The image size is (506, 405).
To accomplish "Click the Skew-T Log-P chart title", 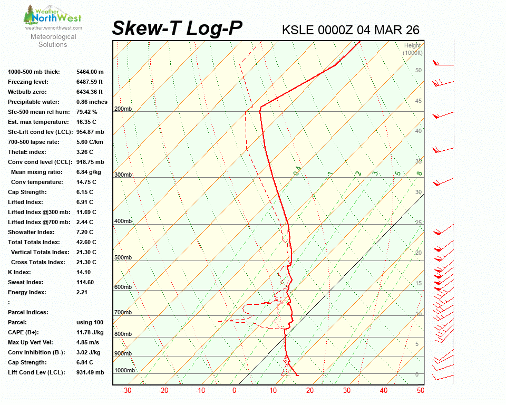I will [178, 28].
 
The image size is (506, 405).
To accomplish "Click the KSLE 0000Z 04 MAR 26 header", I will [351, 30].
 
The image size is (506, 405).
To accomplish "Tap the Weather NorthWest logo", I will [53, 16].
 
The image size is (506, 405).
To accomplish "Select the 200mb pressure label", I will [123, 109].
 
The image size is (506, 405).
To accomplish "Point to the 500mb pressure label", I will [123, 258].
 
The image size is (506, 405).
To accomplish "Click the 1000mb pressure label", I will [125, 371].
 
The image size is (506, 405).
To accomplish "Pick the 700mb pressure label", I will [123, 313].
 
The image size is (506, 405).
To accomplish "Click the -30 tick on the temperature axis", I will [126, 391].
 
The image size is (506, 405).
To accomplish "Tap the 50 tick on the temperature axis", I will [420, 391].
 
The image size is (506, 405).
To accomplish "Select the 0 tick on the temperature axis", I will [235, 391].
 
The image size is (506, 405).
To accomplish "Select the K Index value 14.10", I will [84, 272].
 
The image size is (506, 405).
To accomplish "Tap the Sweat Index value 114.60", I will [85, 282].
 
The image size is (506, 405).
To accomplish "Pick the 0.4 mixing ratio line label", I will [297, 171].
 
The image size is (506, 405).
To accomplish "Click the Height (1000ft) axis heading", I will [413, 50].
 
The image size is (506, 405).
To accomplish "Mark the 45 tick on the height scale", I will [419, 101].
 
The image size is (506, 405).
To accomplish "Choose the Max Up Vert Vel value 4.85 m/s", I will [89, 342].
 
